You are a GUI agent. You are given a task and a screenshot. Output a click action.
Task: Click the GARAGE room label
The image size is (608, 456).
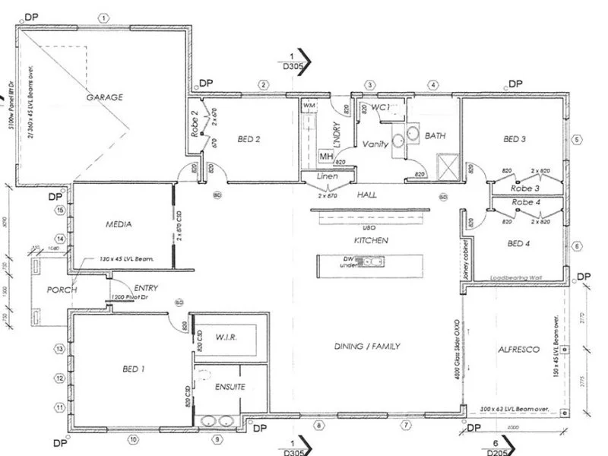pos(105,97)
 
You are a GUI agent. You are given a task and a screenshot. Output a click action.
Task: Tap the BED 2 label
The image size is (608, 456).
pos(249,139)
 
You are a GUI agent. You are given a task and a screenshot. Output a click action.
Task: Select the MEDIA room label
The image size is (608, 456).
pos(120,225)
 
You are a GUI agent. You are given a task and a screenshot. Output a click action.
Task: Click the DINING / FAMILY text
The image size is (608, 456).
pos(367,347)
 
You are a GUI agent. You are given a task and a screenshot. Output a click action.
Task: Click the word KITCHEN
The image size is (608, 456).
pos(371,240)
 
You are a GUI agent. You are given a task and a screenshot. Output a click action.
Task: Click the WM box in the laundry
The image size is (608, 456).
pos(309,105)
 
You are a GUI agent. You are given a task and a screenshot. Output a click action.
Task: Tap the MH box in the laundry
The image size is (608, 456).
pos(325,157)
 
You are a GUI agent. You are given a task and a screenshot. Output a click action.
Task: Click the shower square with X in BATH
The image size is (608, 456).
pos(445,163)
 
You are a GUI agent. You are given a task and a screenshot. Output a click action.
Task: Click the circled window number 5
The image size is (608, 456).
pos(577,139)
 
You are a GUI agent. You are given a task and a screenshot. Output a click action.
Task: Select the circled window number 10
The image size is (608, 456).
pos(132,439)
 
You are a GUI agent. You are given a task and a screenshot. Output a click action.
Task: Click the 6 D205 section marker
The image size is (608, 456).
pos(496,447)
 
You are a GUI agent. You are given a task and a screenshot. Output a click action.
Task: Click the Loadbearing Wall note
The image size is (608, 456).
pos(517,277)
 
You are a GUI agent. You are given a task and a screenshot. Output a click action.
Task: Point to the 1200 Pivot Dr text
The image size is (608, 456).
pos(131,297)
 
